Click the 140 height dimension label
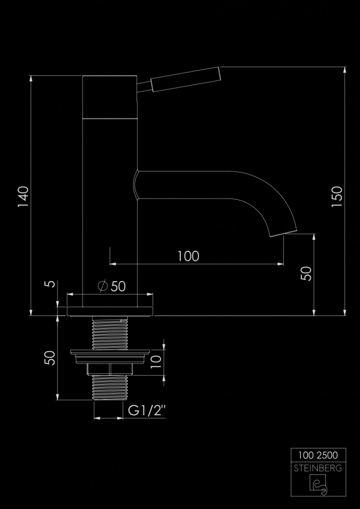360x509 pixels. point(23,197)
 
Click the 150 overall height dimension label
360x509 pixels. point(337,196)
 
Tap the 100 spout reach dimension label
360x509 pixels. point(188,257)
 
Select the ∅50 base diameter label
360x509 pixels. point(112,286)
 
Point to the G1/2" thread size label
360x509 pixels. point(147,411)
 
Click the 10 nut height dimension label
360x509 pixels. point(156,361)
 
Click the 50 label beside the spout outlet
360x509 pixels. point(306,274)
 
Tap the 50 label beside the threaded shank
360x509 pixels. point(50,358)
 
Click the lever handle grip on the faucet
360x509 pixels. point(186,79)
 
